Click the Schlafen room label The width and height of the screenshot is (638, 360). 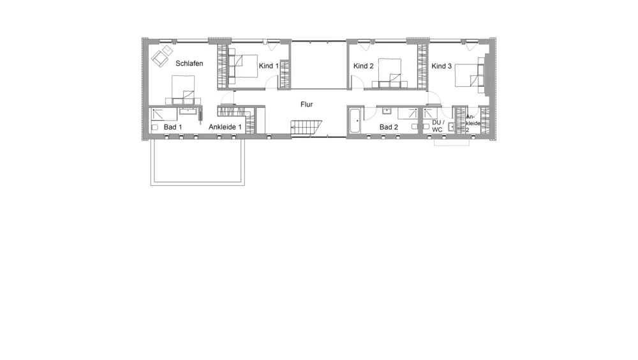189,64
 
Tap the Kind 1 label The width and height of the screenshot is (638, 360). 269,66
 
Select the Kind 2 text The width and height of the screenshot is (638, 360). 364,66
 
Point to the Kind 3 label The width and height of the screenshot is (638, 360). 441,66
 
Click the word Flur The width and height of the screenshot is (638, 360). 307,105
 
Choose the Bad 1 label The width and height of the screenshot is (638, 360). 173,127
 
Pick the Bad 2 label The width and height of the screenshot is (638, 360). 389,127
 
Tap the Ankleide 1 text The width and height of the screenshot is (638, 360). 225,127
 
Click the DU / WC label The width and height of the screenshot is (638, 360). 438,126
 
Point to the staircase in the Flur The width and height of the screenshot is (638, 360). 306,127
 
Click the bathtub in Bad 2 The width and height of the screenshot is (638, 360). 354,121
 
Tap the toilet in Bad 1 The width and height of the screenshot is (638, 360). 154,128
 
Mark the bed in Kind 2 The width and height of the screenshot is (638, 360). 389,73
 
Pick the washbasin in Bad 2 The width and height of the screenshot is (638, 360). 387,111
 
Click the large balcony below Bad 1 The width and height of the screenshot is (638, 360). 198,162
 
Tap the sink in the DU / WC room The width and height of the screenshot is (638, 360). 451,127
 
